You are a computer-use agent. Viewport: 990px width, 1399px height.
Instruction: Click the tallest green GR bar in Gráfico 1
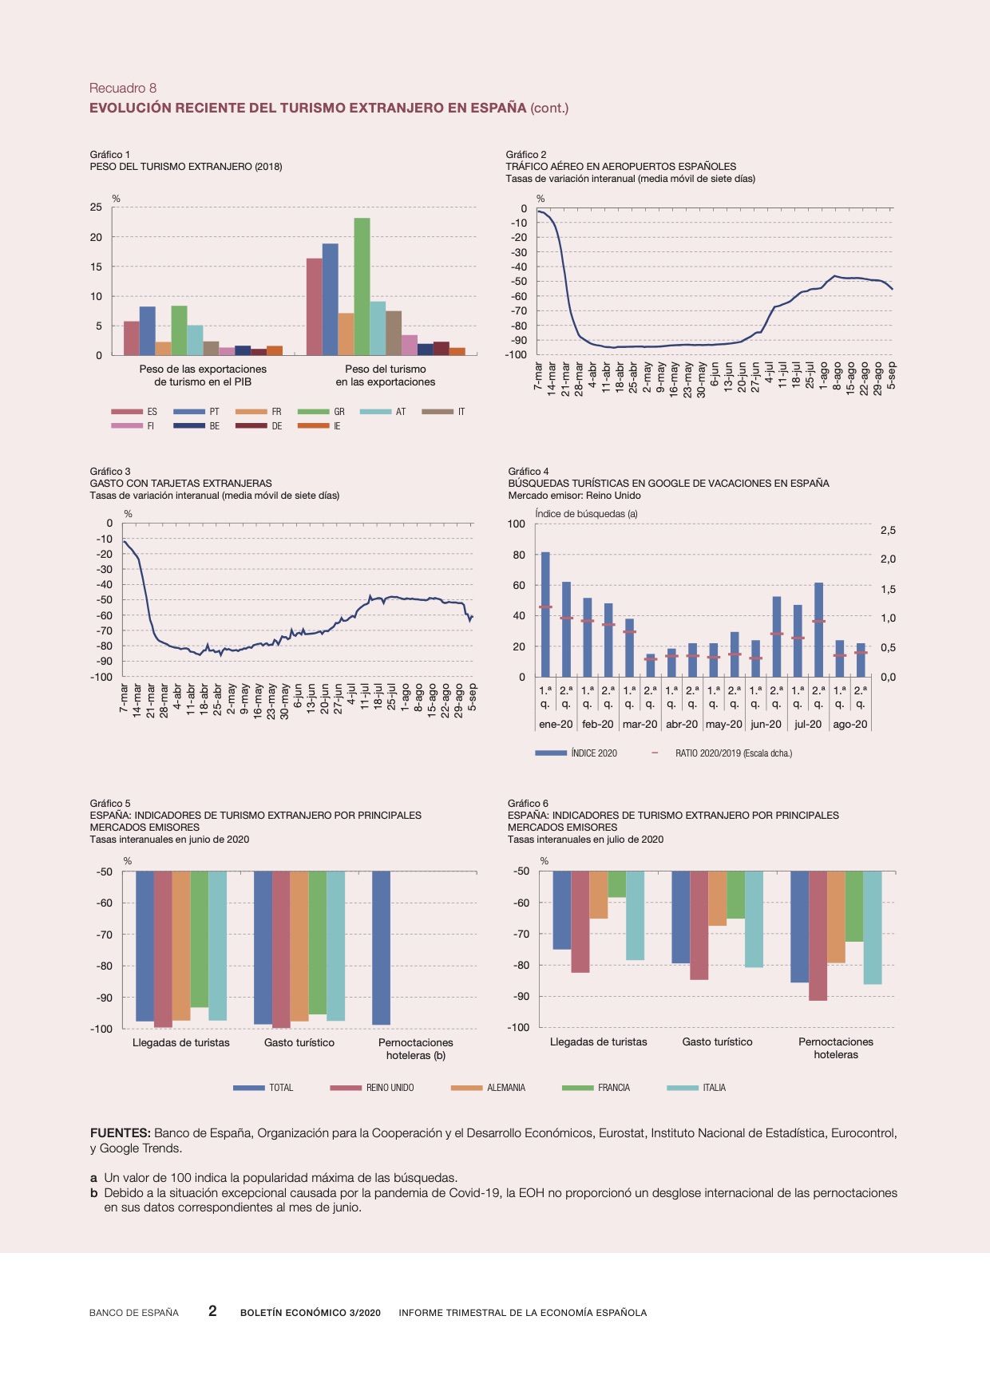pos(362,287)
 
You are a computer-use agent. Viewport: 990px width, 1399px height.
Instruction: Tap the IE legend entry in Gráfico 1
pos(319,426)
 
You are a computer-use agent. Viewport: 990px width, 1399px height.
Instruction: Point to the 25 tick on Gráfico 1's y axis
pos(96,207)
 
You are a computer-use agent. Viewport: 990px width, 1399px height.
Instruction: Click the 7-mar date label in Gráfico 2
pos(539,374)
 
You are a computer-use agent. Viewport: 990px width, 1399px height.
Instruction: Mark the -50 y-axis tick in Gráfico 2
pos(519,282)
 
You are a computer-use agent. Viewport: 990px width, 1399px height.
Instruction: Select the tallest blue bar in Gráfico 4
pos(545,615)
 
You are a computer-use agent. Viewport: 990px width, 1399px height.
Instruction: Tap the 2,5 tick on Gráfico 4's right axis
pos(888,531)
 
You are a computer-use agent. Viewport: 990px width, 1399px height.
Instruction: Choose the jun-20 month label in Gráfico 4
pos(766,725)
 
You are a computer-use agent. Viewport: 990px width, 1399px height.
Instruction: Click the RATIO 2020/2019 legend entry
pos(722,753)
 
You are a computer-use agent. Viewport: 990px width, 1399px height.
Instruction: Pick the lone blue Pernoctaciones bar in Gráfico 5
pos(381,948)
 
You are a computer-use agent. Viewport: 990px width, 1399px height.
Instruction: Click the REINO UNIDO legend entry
pos(372,1088)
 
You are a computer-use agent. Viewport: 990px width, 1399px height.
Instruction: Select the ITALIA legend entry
pos(696,1088)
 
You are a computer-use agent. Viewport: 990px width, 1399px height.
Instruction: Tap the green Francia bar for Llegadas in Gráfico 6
pos(616,884)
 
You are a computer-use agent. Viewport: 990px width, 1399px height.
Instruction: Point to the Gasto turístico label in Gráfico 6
pos(717,1042)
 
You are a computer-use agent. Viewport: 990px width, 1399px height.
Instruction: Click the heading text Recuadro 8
pos(123,88)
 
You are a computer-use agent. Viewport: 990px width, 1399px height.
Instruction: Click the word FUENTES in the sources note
pos(120,1133)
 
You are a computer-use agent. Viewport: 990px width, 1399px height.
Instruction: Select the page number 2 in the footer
pos(212,1311)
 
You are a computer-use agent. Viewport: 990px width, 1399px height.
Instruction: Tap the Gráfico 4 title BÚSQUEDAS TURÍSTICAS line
pos(668,484)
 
